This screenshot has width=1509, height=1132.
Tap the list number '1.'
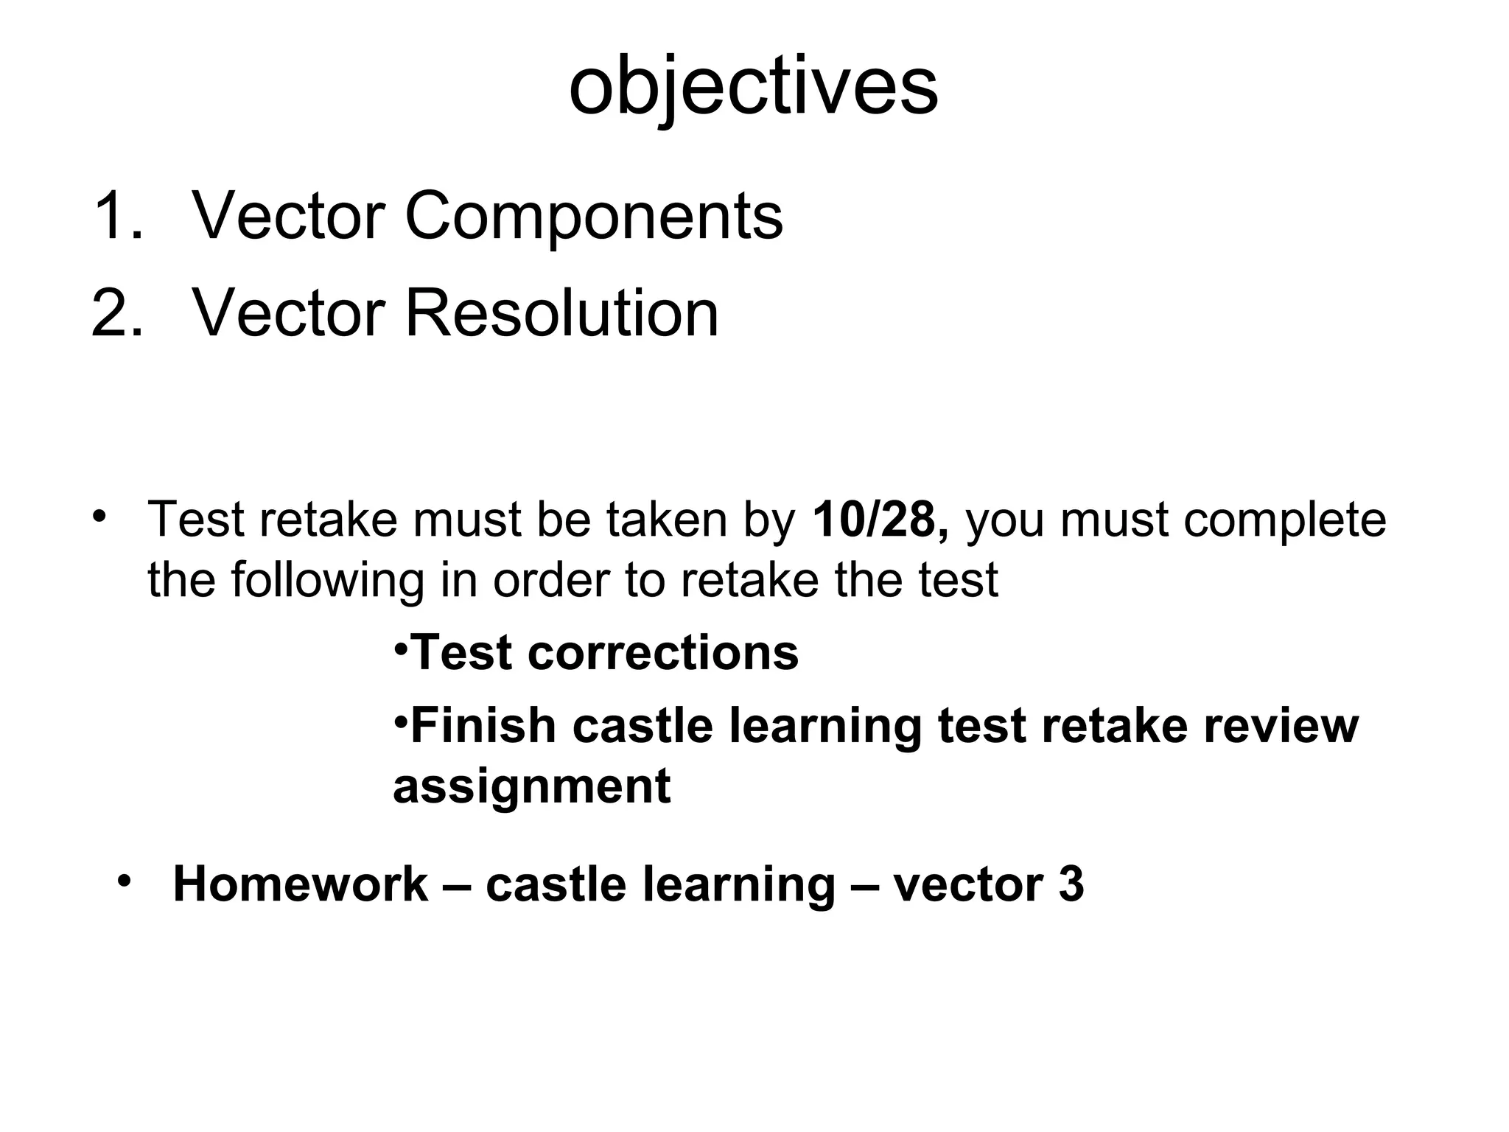[x=118, y=217]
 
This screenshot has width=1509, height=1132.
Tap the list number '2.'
[x=118, y=314]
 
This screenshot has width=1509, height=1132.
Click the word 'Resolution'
[x=561, y=314]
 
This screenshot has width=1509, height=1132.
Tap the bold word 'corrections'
[x=662, y=653]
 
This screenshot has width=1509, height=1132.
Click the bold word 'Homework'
[x=300, y=884]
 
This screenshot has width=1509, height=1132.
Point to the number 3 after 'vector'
[x=1071, y=884]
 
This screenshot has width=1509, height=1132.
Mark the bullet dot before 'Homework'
[x=124, y=881]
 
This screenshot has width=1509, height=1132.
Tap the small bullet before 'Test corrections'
[x=400, y=649]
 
